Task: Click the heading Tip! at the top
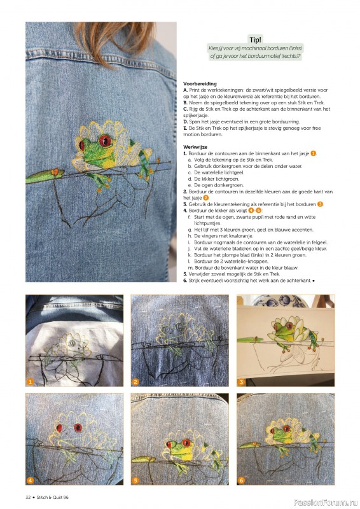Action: coord(254,38)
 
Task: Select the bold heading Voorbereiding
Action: coord(200,83)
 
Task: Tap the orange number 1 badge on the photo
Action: coord(30,382)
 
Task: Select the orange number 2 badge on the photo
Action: coord(135,382)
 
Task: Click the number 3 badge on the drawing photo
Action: coord(242,382)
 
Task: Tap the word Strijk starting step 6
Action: coord(194,280)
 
